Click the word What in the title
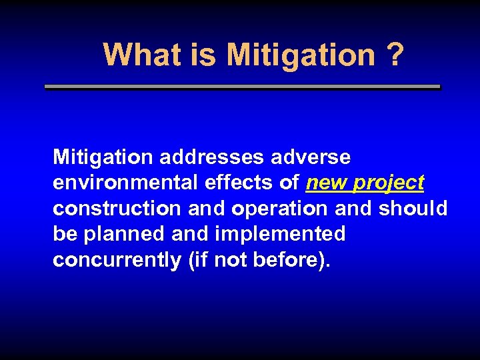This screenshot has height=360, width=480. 138,55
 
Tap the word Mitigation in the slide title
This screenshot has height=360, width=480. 301,55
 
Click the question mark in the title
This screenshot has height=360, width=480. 394,55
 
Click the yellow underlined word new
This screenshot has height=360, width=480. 327,183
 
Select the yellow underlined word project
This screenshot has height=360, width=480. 389,183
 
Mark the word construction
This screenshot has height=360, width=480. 117,209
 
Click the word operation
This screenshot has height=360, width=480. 280,209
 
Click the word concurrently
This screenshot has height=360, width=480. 117,260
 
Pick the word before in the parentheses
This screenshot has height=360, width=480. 287,260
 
